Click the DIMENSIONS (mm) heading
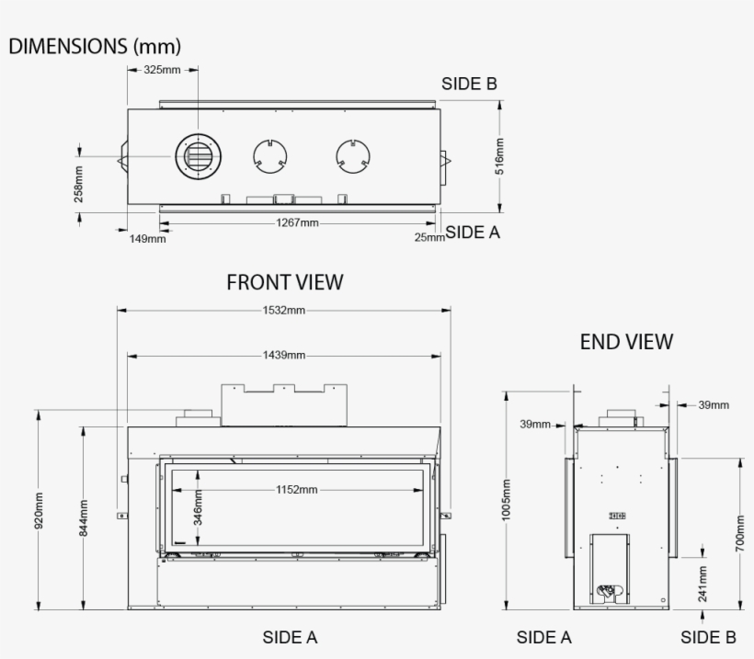[95, 46]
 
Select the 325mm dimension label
[162, 71]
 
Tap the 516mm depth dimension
[499, 156]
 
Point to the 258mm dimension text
[79, 183]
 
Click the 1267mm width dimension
[297, 222]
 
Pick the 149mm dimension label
[147, 239]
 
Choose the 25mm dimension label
[428, 237]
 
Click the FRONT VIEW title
[284, 282]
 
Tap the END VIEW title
[626, 342]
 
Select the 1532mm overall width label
[283, 311]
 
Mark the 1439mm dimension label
[283, 355]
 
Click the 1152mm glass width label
[296, 490]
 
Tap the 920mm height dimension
[39, 511]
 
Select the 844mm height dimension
[83, 517]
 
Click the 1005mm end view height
[506, 499]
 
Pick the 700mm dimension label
[739, 533]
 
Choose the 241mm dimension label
[703, 583]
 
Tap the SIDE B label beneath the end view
[708, 637]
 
